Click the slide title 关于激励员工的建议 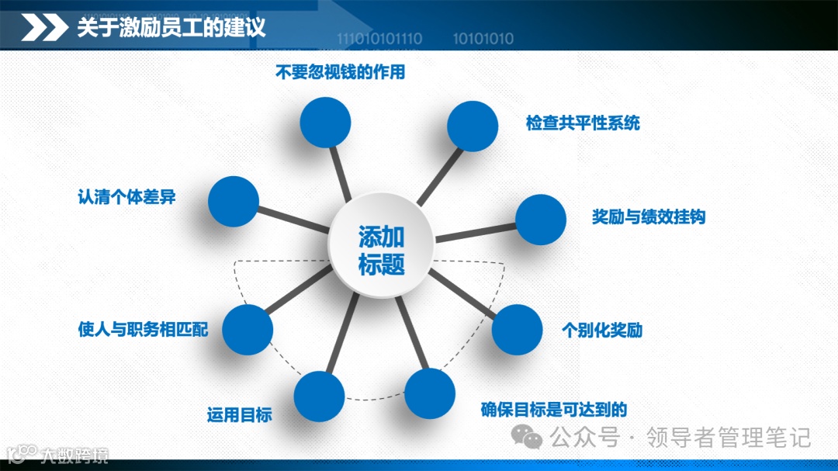(171, 29)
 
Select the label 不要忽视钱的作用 (341, 73)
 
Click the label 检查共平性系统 (583, 123)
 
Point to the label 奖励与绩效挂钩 (649, 217)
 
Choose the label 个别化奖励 (602, 330)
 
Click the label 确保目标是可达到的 (554, 410)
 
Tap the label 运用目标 (239, 414)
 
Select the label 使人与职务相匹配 (144, 329)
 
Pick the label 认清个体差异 (126, 196)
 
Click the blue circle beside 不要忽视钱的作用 (325, 123)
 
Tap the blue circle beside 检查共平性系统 (473, 126)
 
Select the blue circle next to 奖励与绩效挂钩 (541, 220)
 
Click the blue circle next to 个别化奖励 (517, 330)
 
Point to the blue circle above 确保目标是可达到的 (430, 394)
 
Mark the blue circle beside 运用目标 (319, 397)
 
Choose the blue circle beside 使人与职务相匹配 (248, 330)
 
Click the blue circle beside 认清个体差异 (234, 202)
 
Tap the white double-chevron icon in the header (43, 29)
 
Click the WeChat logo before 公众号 (532, 438)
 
